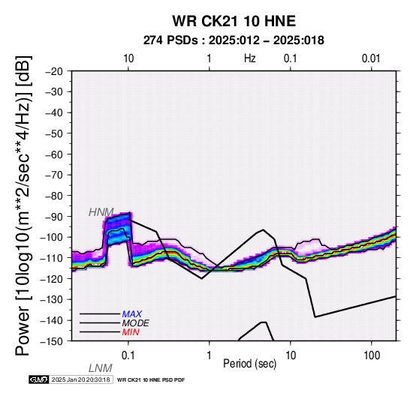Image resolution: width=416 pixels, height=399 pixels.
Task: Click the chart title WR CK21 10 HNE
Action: coord(234,21)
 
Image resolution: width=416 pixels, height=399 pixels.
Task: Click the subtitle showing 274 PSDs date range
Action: coord(234,40)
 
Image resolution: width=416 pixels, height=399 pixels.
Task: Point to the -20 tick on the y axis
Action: coord(54,71)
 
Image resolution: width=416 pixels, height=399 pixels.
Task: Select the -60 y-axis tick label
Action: coord(54,154)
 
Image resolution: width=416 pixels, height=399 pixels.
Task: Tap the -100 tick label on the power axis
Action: coord(52,237)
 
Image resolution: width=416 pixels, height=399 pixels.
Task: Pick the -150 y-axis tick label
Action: coord(52,341)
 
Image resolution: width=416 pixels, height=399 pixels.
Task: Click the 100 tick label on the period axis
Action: coord(372,355)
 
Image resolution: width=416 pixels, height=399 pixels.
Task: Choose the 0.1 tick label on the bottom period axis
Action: coord(128,355)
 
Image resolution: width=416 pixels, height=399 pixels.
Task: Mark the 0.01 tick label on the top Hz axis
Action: coord(371,58)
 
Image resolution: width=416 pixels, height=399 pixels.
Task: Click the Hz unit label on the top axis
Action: coord(250,58)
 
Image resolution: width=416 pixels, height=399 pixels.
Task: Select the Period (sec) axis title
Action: coord(249,364)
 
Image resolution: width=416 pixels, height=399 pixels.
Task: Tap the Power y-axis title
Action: coord(23,205)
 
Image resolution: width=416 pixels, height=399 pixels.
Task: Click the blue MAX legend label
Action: coord(132,314)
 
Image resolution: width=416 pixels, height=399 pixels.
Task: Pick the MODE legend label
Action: coord(136,323)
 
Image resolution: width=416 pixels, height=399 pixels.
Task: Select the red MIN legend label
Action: coord(131,332)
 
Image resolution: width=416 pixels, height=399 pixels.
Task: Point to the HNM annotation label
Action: coord(101,212)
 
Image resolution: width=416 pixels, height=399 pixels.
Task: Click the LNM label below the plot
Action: coord(101,368)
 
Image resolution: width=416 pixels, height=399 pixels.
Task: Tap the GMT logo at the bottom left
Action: coord(39,379)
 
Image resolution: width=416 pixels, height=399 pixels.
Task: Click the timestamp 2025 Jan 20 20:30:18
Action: coord(81,379)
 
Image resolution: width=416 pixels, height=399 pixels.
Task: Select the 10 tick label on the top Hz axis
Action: coord(128,58)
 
